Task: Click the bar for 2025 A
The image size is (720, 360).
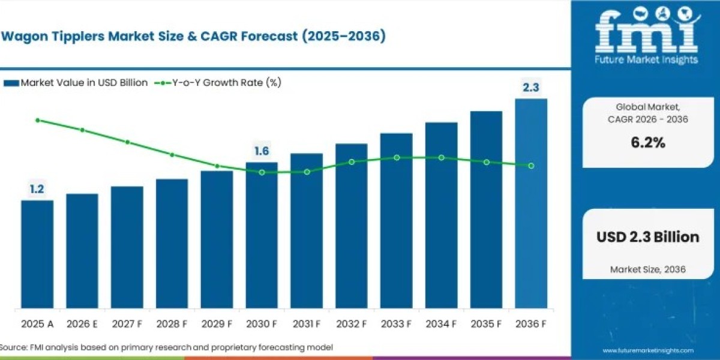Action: [x=37, y=255]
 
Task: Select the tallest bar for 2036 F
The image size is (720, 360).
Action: [x=531, y=204]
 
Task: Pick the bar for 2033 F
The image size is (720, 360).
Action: [x=397, y=221]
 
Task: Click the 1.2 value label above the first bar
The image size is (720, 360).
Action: [x=37, y=190]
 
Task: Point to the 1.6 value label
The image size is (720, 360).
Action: [x=262, y=151]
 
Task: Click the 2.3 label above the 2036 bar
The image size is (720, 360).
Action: [x=531, y=88]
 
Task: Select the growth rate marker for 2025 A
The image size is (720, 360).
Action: [x=37, y=120]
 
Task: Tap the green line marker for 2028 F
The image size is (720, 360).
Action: [x=172, y=155]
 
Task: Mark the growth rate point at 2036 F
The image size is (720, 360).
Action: [x=531, y=166]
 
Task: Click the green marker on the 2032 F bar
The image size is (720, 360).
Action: [x=352, y=162]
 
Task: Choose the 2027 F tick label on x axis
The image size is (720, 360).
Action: [x=127, y=324]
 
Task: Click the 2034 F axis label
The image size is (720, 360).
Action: [x=441, y=324]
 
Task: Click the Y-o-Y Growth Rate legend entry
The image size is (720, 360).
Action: [x=220, y=83]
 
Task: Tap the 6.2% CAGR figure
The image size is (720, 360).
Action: [x=647, y=143]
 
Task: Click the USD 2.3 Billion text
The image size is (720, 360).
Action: [x=647, y=237]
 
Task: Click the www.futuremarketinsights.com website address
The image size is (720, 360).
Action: [x=647, y=350]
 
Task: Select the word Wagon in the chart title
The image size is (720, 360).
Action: [x=23, y=37]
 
